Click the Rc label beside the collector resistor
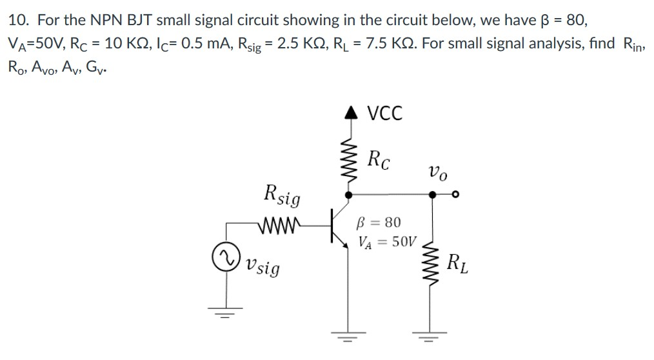[x=379, y=158]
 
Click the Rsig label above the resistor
[x=282, y=194]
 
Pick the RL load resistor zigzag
[x=431, y=265]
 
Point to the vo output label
[x=435, y=173]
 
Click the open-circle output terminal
[x=455, y=194]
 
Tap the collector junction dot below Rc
[x=349, y=194]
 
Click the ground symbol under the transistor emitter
[x=349, y=336]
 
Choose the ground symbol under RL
[x=431, y=336]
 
